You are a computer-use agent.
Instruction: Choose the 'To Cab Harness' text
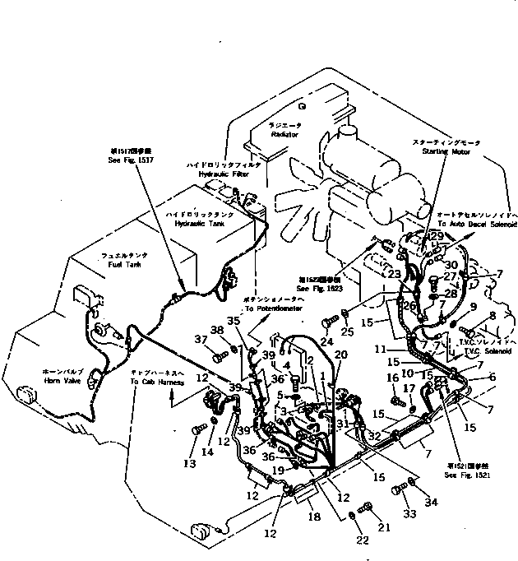154,381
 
